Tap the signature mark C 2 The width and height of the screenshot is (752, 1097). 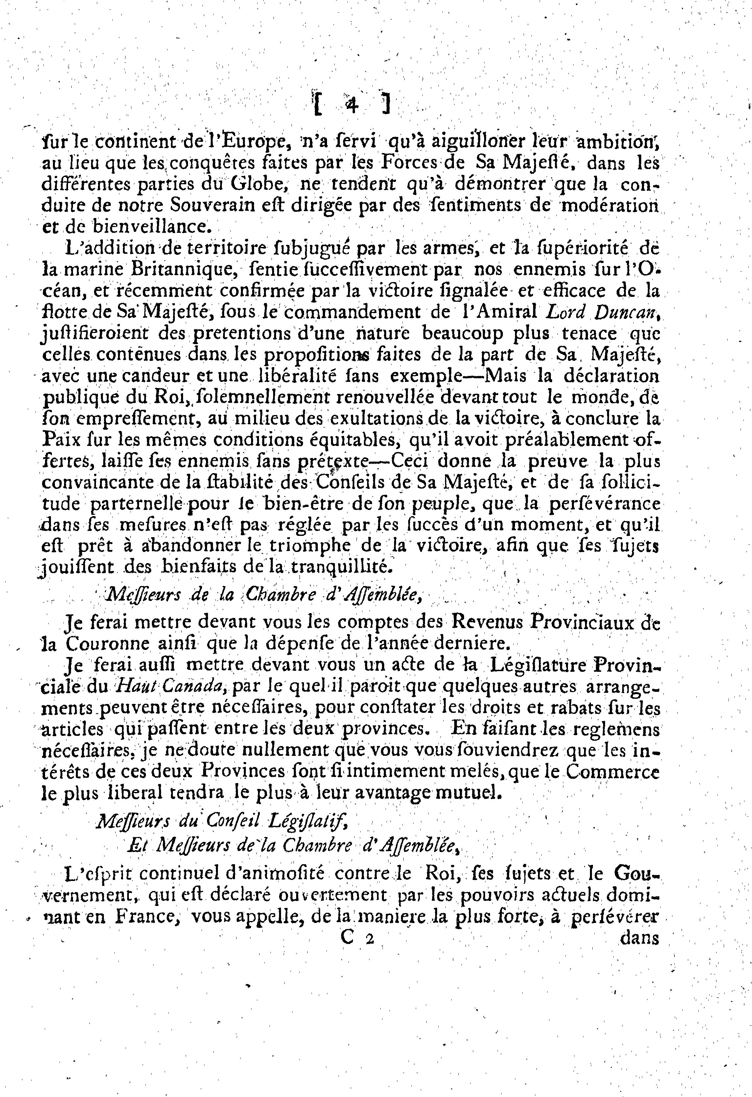pyautogui.click(x=357, y=937)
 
